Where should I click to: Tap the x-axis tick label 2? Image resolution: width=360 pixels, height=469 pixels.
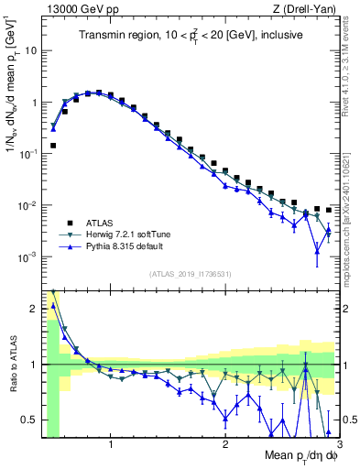pyautogui.click(x=225, y=446)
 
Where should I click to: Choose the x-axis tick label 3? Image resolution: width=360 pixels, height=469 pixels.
pyautogui.click(x=338, y=446)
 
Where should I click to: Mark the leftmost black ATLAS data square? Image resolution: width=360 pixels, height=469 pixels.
pyautogui.click(x=53, y=145)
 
